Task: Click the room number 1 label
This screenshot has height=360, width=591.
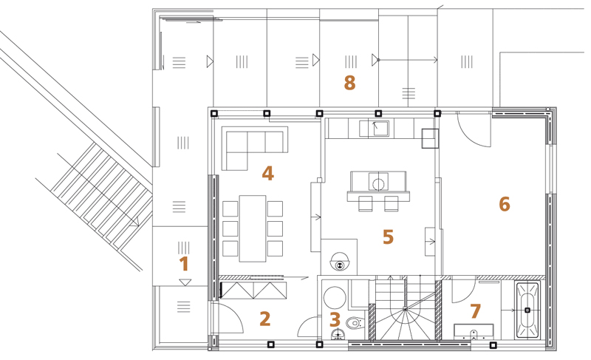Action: coord(184,264)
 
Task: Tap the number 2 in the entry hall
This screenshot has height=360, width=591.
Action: coord(265,319)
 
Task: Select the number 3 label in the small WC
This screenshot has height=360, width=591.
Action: coord(335,320)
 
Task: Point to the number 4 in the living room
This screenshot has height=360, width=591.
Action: coord(267,174)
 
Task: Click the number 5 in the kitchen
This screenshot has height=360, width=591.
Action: coord(389,237)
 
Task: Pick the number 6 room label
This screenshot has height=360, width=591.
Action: coord(505,204)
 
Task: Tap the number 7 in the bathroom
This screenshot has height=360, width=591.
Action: coord(475,311)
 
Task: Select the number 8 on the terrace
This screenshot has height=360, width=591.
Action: coord(349,83)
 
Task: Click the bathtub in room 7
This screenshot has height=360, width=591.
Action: coord(527,310)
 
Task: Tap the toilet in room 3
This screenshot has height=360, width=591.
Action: coord(356,323)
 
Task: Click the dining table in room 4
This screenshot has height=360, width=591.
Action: coord(253,228)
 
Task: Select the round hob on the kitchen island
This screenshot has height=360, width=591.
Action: coord(378,184)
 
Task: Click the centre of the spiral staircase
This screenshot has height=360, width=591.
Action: coord(405,309)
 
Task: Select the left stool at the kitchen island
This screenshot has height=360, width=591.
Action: coord(365,203)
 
